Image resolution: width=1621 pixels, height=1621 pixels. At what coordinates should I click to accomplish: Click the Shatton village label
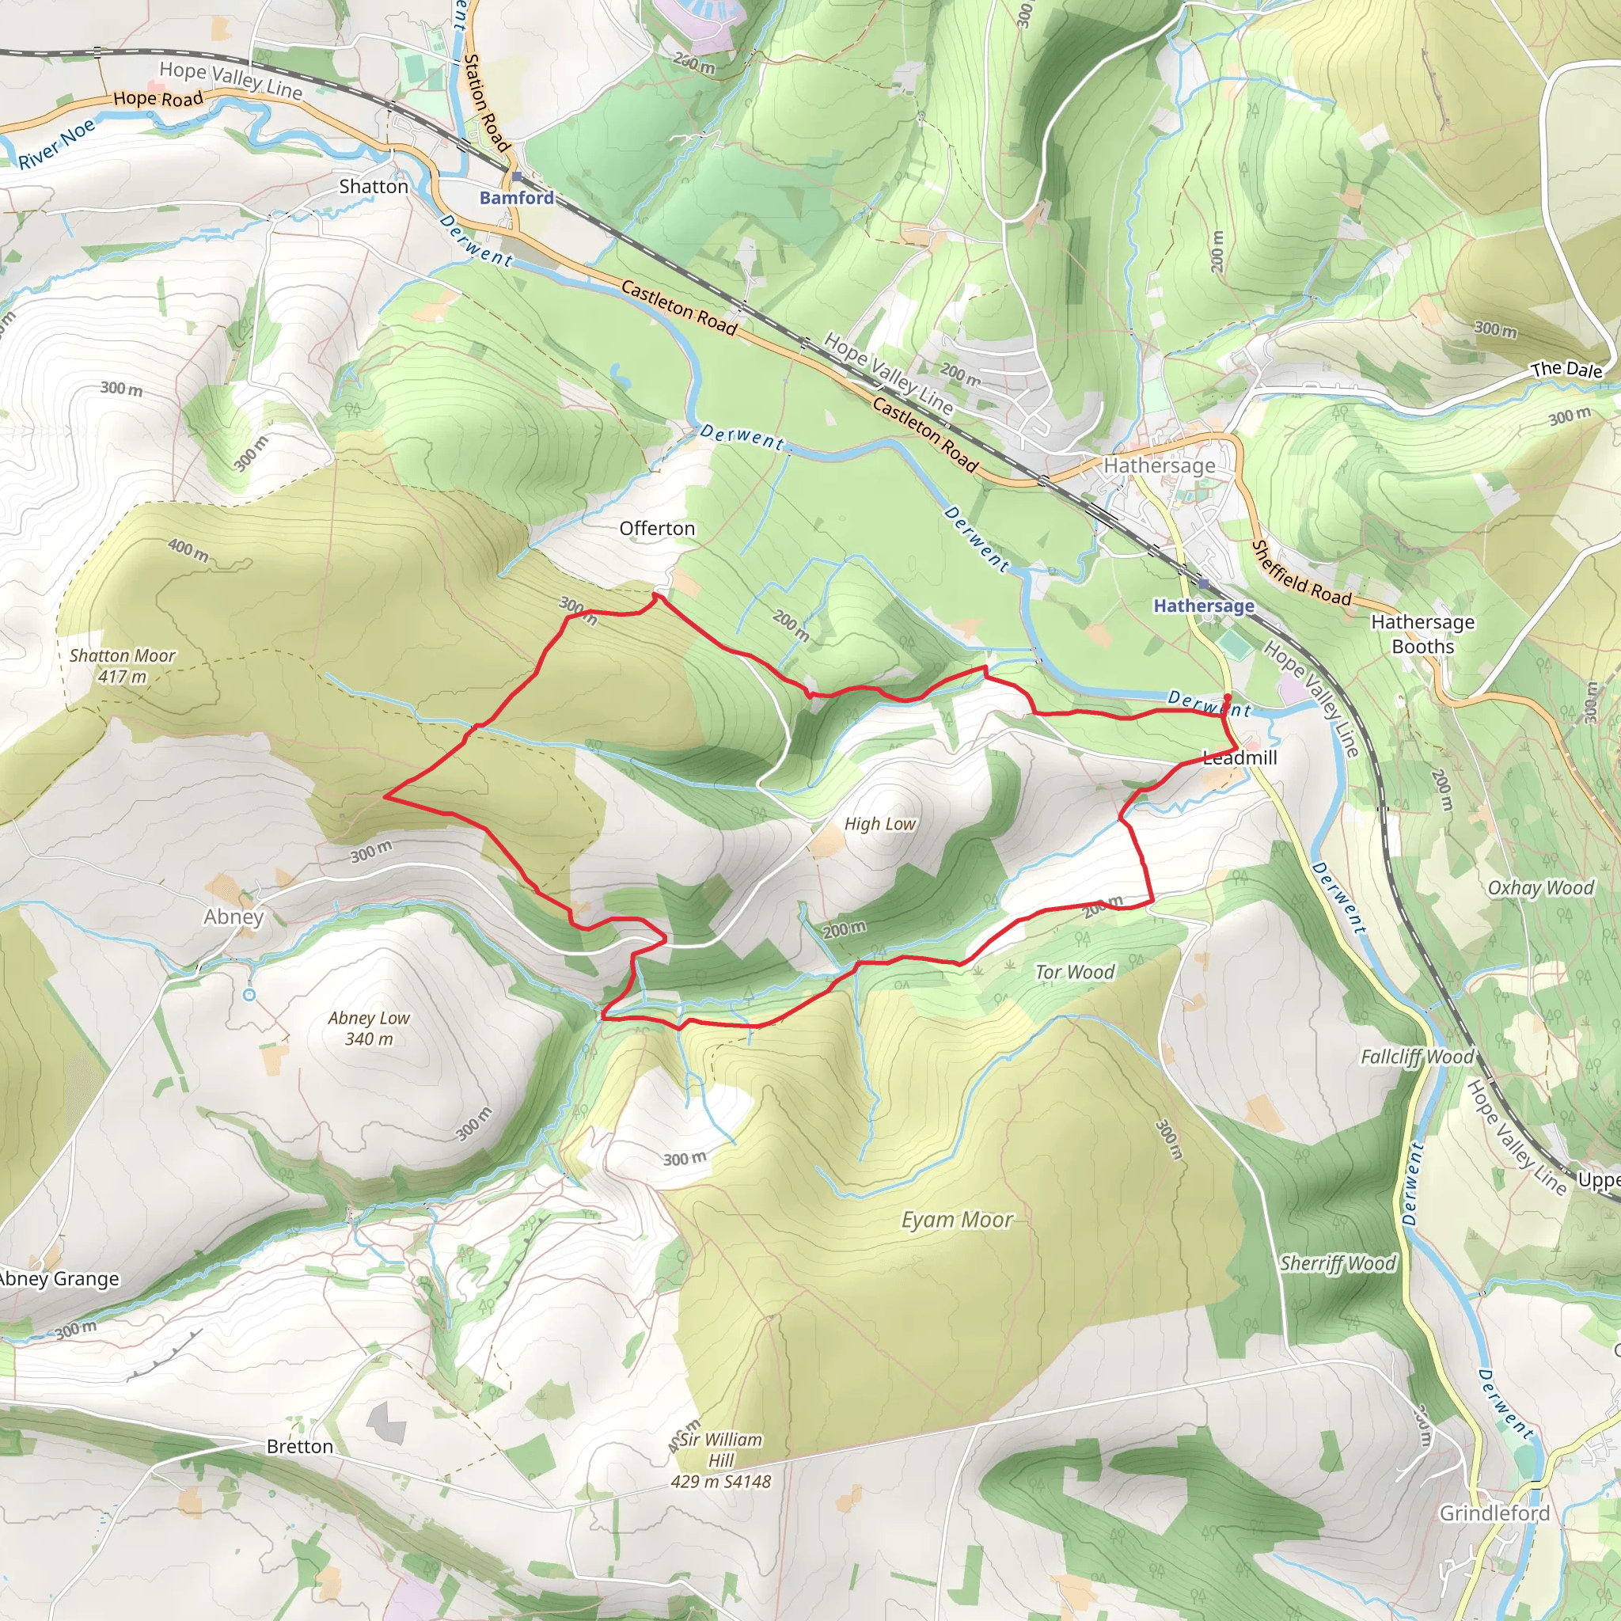pos(374,186)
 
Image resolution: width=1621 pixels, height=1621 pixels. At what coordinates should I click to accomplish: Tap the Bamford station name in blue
pos(517,198)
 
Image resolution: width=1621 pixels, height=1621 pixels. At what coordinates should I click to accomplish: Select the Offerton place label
pos(657,529)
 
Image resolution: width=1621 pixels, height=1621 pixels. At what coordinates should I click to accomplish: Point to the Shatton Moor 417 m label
pos(123,666)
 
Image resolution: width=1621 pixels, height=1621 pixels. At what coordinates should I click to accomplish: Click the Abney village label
pos(233,917)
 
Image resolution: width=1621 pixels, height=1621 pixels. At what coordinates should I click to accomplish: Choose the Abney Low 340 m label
pos(369,1028)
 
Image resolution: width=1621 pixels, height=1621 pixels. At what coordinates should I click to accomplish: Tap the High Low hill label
pos(880,824)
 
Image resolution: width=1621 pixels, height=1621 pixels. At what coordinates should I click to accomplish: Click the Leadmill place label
pos(1239,757)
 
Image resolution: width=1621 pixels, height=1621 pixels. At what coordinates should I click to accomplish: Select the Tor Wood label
pos(1075,973)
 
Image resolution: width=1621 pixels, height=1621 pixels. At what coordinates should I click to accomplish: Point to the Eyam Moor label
pos(958,1220)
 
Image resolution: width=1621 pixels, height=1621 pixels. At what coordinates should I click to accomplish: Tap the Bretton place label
pos(299,1447)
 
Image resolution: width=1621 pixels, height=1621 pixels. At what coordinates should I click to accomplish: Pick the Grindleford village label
pos(1494,1513)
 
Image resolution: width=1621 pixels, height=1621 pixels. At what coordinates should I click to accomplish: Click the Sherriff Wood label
pos(1338,1263)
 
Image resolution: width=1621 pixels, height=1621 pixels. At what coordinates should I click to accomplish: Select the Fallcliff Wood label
pos(1417,1057)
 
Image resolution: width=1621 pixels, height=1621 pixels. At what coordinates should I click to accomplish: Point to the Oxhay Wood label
pos(1540,888)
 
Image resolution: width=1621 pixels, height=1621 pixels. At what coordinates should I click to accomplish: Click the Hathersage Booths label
pos(1422,634)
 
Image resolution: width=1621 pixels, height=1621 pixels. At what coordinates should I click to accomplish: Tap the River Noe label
pos(57,144)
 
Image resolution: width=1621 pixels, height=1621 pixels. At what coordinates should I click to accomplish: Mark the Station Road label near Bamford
pos(487,103)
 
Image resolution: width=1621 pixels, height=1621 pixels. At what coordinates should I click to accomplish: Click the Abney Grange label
pos(59,1280)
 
